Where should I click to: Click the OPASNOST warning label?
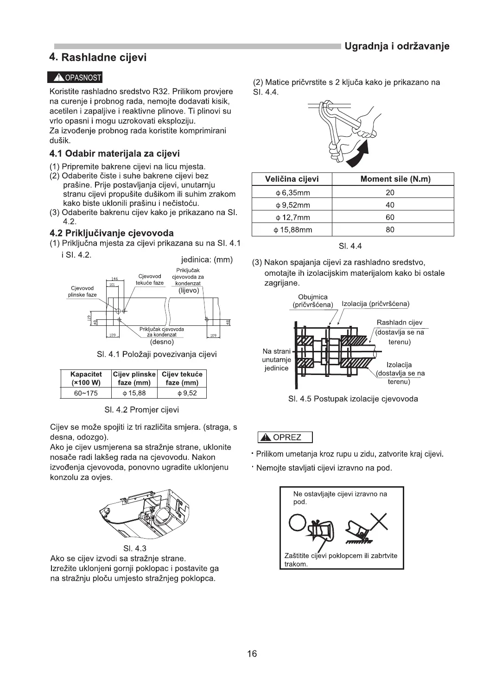tap(76, 77)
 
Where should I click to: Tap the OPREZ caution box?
tap(285, 437)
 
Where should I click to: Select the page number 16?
tap(252, 654)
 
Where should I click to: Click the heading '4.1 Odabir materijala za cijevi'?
tap(114, 153)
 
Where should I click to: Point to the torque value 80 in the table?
tap(390, 229)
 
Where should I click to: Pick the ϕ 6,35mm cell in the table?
tap(292, 192)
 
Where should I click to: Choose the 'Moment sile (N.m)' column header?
tap(395, 179)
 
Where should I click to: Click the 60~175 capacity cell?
tap(86, 393)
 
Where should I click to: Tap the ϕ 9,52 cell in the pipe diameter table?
tap(182, 393)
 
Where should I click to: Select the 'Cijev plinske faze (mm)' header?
tap(134, 378)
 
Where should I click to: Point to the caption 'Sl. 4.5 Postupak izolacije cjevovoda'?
tap(353, 399)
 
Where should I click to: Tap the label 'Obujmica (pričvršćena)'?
tap(313, 301)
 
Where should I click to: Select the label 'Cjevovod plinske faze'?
tap(83, 291)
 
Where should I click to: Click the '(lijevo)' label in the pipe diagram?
tap(188, 291)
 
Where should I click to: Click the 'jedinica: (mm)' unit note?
tap(207, 260)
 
